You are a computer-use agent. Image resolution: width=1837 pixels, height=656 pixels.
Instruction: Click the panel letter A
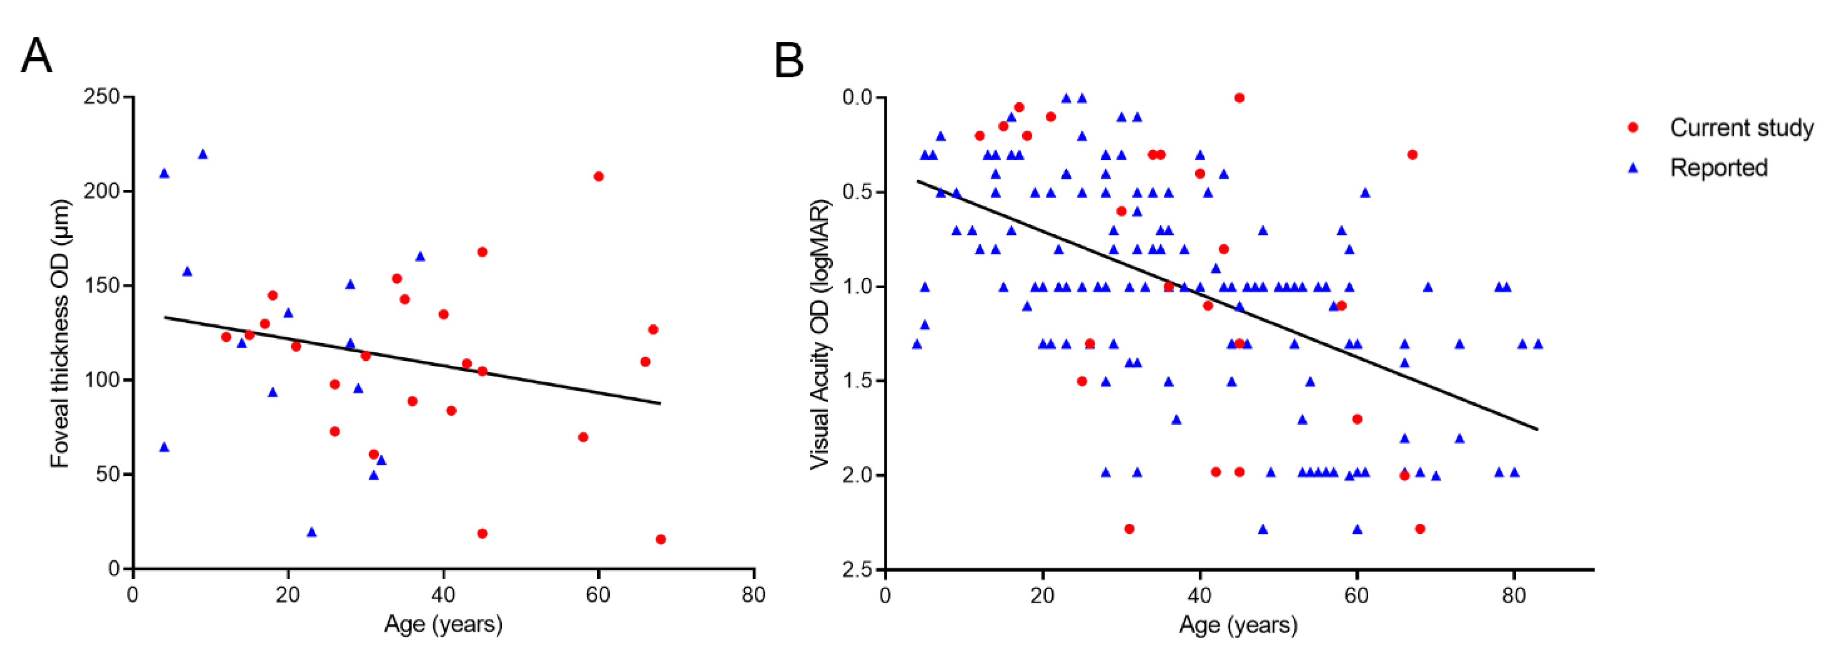coord(36,56)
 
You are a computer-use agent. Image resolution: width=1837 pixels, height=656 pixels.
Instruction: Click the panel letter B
coord(789,61)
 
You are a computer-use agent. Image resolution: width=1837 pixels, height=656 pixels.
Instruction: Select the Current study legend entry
coord(1741,128)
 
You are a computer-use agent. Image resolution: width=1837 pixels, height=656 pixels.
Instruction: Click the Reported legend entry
coord(1718,168)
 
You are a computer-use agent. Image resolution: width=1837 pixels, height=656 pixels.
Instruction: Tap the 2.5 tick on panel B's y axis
coord(858,569)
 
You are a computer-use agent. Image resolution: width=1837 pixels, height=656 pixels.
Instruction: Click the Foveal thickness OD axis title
coord(61,333)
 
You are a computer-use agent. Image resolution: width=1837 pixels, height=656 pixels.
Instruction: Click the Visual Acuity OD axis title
coord(820,334)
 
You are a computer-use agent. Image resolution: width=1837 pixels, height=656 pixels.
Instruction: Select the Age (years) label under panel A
coord(443,625)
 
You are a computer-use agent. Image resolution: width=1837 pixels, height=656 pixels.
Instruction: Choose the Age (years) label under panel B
coord(1238,625)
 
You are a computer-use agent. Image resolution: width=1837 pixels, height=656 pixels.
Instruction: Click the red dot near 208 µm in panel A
coord(598,176)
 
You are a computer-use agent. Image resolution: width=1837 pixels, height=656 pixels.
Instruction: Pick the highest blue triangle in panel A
coord(202,154)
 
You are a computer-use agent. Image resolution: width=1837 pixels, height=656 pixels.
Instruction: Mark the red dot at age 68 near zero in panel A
coord(660,539)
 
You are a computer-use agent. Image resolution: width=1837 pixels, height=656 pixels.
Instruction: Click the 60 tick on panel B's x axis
coord(1356,595)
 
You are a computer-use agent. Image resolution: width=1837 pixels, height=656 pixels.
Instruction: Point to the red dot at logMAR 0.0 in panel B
coord(1239,98)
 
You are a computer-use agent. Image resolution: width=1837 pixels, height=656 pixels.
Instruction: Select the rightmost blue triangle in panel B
coord(1538,344)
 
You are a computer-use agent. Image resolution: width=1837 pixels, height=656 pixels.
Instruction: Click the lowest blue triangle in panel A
coord(311,532)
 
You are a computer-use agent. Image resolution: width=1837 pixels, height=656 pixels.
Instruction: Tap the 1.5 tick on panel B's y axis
coord(858,380)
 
